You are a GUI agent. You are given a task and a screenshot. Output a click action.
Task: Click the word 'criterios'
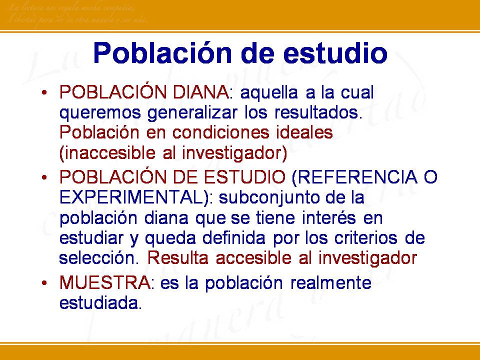coord(368,238)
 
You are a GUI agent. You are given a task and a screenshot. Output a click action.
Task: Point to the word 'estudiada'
coord(100,303)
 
